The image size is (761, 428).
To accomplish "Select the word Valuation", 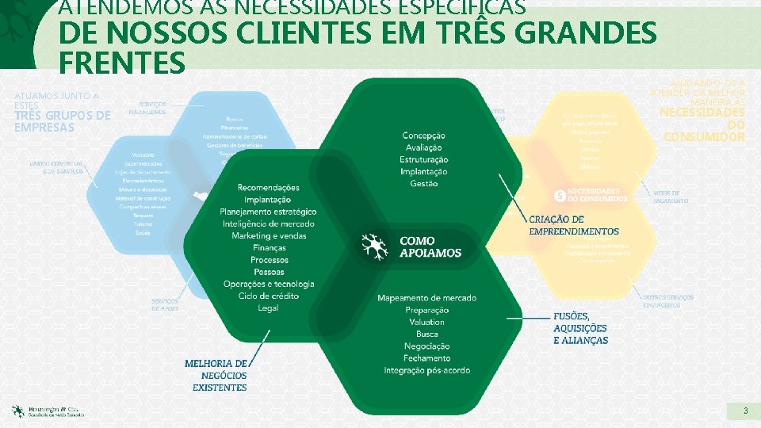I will (426, 322).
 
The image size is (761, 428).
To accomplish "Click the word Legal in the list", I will (268, 308).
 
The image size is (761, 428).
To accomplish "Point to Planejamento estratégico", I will (268, 212).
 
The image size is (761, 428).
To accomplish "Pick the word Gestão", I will (424, 184).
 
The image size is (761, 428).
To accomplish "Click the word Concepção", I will (424, 136).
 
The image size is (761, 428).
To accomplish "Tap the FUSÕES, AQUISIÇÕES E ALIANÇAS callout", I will (580, 327).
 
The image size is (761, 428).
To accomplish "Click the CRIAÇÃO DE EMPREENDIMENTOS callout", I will (574, 225).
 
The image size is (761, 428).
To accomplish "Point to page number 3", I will (745, 411).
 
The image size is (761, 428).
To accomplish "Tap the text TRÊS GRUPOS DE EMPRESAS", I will (62, 121).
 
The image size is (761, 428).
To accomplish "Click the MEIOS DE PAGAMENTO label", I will (671, 197).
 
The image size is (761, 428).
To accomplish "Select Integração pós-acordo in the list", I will (426, 370).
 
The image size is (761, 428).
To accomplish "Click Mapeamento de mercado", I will (426, 298).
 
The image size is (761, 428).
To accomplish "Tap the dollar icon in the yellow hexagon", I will (560, 194).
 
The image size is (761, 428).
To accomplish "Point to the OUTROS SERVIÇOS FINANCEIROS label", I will (667, 301).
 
